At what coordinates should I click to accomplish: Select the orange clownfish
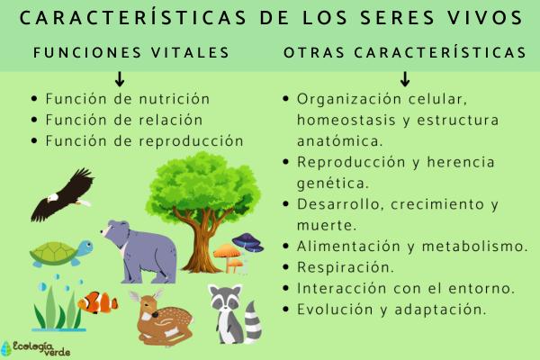97,302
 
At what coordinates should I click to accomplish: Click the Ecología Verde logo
29,346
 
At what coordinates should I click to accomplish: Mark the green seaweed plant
52,306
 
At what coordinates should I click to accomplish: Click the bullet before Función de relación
33,120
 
